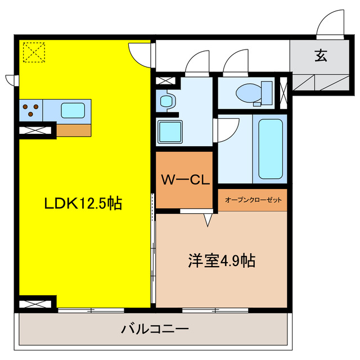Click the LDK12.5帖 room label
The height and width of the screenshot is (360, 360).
click(83, 204)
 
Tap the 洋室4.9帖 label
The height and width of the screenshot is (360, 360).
click(222, 260)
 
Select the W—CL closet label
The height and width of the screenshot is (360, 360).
click(185, 181)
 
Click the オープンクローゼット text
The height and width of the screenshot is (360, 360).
click(253, 200)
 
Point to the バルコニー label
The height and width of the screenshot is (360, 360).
click(155, 329)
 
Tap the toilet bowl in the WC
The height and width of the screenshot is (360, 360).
click(247, 92)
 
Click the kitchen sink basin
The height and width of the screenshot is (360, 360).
click(73, 110)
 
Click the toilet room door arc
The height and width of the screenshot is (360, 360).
click(233, 64)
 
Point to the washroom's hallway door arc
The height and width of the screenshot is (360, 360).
click(196, 63)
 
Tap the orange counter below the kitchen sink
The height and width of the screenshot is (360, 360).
click(73, 130)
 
